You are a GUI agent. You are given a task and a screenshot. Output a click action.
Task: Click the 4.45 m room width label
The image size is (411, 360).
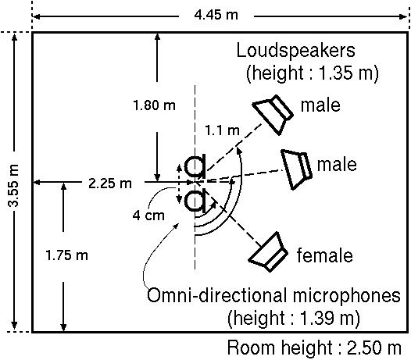pos(216,15)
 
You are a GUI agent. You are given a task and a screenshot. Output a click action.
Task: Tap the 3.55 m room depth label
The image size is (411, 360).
pos(13,186)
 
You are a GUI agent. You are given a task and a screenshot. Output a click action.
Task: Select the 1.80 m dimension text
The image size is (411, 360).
pos(154,105)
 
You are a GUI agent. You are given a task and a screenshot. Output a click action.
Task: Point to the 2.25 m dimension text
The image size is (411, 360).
pos(110,184)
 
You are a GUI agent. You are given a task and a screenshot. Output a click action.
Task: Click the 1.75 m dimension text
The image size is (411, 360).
pos(66,255)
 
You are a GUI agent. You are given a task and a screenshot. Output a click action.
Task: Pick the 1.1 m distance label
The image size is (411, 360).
pos(222,130)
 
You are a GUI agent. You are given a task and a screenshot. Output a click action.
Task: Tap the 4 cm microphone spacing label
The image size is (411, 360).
pos(148,216)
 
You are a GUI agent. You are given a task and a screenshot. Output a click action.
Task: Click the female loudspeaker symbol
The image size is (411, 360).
pos(269,252)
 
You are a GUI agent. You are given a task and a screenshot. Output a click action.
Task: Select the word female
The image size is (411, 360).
pos(324,255)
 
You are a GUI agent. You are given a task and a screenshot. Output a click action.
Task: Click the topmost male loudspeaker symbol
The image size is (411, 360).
pos(273,115)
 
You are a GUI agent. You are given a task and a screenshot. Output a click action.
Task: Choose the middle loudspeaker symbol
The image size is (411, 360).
pos(297,169)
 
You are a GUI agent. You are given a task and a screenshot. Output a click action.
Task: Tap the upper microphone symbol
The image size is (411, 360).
pos(195,166)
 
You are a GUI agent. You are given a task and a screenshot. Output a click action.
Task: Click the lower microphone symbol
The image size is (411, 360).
pos(195,201)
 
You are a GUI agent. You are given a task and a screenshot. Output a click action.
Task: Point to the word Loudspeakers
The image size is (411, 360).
pos(295,50)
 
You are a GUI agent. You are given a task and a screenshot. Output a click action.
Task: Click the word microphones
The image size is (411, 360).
pos(346,296)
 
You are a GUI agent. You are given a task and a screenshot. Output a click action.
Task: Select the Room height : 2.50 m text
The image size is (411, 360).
pos(314,348)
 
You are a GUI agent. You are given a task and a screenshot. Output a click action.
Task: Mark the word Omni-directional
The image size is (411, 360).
pos(216,295)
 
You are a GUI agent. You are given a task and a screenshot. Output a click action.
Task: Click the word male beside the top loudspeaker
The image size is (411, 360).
pos(320,105)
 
